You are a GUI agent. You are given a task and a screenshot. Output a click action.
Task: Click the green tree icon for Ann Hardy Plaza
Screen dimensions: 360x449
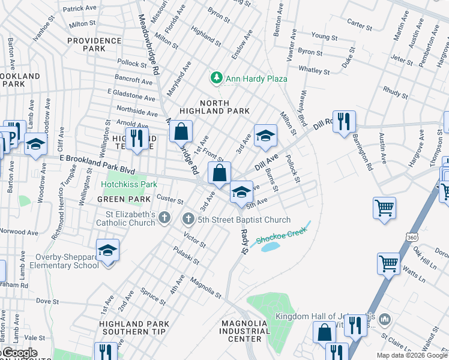tap(215, 78)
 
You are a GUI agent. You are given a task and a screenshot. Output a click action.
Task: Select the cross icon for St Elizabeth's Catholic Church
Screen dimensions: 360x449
tap(165, 219)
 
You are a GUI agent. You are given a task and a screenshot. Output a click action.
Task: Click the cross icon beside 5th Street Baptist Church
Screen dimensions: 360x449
tap(188, 220)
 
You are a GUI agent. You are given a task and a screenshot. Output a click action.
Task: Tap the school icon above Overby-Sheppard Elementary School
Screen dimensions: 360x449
tap(107, 250)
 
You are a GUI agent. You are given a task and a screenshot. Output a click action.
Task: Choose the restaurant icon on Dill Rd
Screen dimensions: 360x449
tap(344, 121)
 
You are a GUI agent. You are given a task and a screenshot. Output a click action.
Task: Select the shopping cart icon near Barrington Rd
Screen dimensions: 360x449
tap(384, 208)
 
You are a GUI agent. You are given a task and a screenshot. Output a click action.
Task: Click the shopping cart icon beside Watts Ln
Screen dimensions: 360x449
tap(388, 263)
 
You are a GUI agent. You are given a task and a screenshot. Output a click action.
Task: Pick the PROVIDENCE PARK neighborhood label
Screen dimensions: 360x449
tap(94, 44)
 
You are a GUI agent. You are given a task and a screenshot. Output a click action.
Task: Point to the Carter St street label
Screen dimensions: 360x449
tap(360, 24)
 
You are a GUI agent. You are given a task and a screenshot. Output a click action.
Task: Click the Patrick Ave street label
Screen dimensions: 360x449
tap(80, 9)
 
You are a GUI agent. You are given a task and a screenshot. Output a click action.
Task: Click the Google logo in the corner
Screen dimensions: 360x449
tap(19, 353)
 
